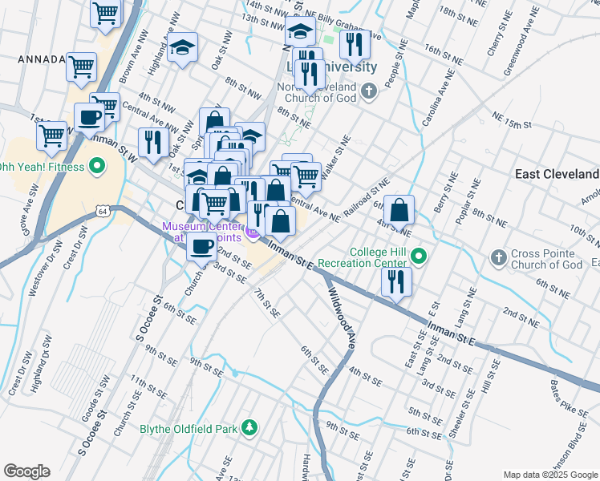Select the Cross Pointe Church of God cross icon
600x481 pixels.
coord(498,257)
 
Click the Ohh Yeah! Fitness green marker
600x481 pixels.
coord(97,167)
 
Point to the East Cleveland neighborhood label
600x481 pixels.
coord(557,174)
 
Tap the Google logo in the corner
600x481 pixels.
coord(26,471)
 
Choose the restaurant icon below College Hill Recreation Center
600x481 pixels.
coord(395,281)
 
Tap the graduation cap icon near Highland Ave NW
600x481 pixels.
coord(183,47)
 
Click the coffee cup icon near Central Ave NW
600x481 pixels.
coord(90,118)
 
